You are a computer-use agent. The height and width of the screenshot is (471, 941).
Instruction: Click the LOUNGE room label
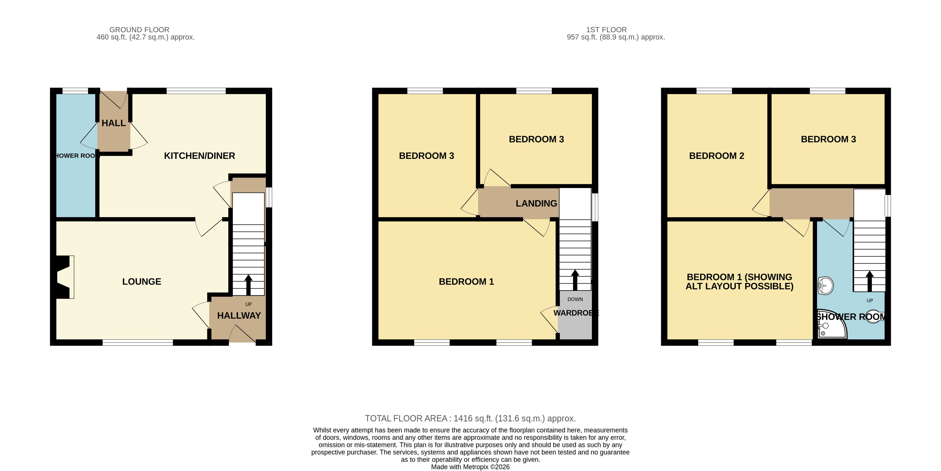click(x=142, y=282)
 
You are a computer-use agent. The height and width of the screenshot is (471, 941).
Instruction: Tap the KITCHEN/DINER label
click(x=199, y=156)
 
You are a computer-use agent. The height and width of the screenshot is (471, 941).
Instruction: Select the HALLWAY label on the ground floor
click(x=239, y=316)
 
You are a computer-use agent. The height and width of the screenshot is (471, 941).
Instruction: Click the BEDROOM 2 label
click(x=716, y=156)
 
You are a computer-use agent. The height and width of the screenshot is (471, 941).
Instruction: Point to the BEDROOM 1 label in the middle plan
click(x=466, y=282)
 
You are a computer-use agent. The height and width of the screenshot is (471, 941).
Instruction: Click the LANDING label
click(x=536, y=203)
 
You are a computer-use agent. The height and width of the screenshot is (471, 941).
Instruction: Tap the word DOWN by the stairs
click(x=575, y=299)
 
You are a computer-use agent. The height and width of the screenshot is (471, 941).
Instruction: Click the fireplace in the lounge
click(x=64, y=277)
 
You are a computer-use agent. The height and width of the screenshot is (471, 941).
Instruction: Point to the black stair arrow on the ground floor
click(x=248, y=285)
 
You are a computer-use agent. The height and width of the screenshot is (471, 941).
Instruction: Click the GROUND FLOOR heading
click(x=139, y=30)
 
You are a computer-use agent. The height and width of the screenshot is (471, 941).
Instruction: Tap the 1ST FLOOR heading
click(x=606, y=30)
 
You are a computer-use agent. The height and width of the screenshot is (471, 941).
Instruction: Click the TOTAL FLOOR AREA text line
click(x=471, y=418)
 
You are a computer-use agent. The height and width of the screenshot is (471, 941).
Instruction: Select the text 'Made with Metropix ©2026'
click(x=471, y=467)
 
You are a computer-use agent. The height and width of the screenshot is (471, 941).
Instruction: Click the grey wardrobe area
click(x=575, y=315)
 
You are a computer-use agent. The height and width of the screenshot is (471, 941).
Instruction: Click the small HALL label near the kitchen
click(x=113, y=123)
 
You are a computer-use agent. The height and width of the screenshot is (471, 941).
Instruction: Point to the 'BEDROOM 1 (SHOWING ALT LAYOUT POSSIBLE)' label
click(x=739, y=282)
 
